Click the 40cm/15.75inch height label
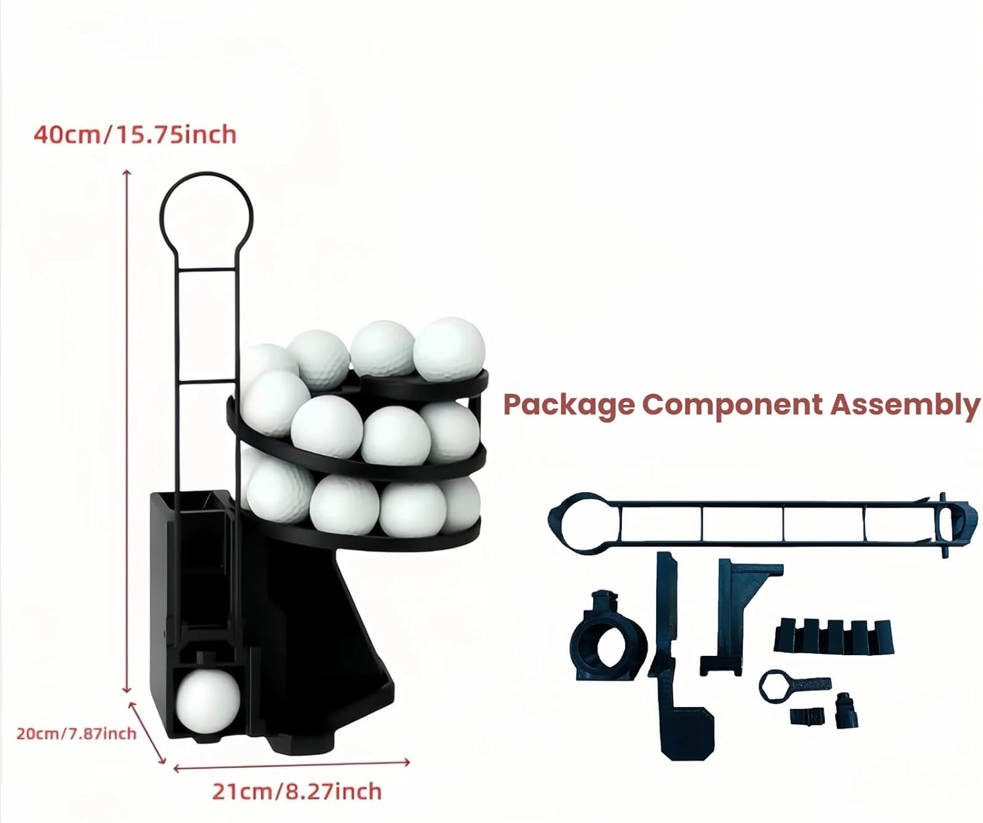click(x=135, y=134)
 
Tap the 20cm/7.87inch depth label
click(x=76, y=733)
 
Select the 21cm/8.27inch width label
click(x=296, y=791)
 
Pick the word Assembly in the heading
click(x=905, y=404)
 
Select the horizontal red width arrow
click(x=292, y=764)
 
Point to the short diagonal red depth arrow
click(x=147, y=733)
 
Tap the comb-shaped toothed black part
click(x=833, y=636)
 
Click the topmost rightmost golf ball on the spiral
click(x=450, y=349)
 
